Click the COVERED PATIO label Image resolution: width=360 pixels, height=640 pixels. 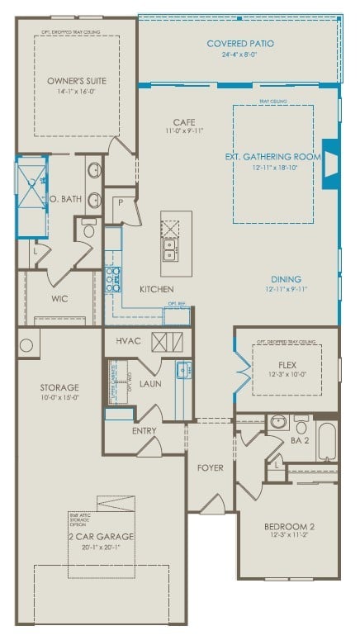coord(240,43)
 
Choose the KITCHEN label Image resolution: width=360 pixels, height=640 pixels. coord(156,289)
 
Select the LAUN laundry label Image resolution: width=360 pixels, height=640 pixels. coord(149,383)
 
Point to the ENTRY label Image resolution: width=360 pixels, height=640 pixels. coord(144,431)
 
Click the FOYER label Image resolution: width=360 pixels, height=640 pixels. coord(210,468)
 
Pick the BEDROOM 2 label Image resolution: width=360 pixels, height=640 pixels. coord(288,526)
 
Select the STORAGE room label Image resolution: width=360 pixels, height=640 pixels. coord(59,386)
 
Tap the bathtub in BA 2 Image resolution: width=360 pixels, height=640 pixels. coord(327,440)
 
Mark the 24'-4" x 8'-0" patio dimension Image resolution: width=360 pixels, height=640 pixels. coord(240,55)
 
